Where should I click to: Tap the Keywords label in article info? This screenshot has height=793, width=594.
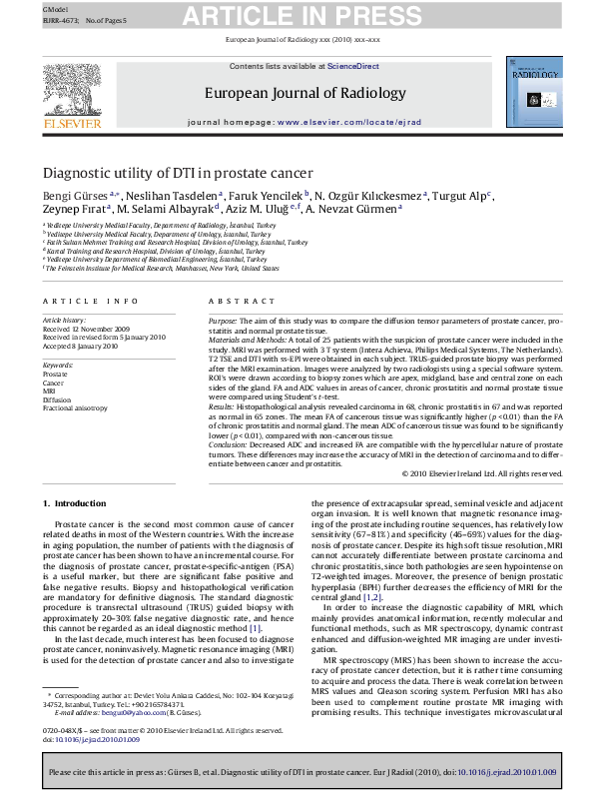[x=56, y=366]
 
